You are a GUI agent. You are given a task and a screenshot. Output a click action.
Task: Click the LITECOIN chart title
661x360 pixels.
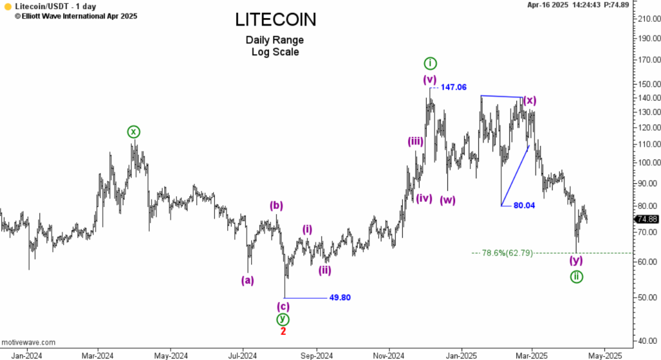[x=276, y=20]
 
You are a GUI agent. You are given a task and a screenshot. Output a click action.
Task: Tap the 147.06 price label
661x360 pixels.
[x=454, y=87]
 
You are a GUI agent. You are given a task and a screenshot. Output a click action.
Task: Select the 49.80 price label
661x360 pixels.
[x=340, y=298]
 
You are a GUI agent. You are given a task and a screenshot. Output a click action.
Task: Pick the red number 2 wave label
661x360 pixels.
[x=283, y=331]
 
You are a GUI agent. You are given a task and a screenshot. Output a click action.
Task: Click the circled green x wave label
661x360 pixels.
[x=133, y=132]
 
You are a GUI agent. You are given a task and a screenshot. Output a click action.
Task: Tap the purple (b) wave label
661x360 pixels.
[x=276, y=206]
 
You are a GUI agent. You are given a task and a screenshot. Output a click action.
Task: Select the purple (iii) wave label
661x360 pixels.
[x=415, y=142]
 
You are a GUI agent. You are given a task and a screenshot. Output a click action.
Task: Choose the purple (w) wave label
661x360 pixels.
[x=448, y=199]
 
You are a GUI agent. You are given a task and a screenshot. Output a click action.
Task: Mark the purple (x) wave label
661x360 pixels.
[x=530, y=100]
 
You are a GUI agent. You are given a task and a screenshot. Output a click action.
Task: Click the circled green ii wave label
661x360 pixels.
[x=576, y=277]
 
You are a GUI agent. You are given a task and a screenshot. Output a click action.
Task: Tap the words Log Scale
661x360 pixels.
[x=275, y=52]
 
